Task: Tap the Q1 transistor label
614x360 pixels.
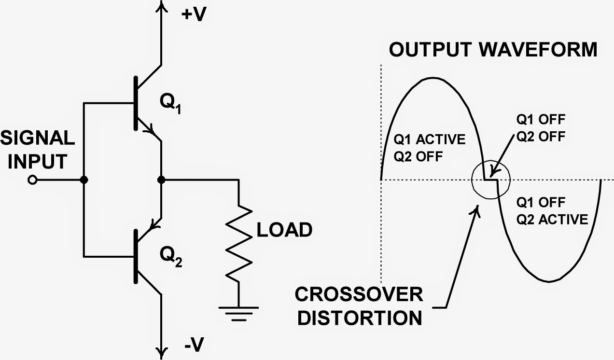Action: pos(170,104)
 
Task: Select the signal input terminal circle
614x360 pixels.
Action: pos(32,180)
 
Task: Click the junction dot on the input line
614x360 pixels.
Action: pos(84,180)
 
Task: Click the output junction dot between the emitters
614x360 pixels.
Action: pos(161,180)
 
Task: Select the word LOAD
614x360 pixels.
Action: pos(284,230)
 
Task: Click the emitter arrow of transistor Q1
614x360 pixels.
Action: pos(152,129)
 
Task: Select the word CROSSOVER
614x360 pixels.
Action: pos(359,294)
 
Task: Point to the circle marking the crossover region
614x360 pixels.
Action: pos(490,180)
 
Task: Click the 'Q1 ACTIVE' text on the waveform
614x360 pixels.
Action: pos(430,140)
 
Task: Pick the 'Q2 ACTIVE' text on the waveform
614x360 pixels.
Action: pos(552,220)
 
